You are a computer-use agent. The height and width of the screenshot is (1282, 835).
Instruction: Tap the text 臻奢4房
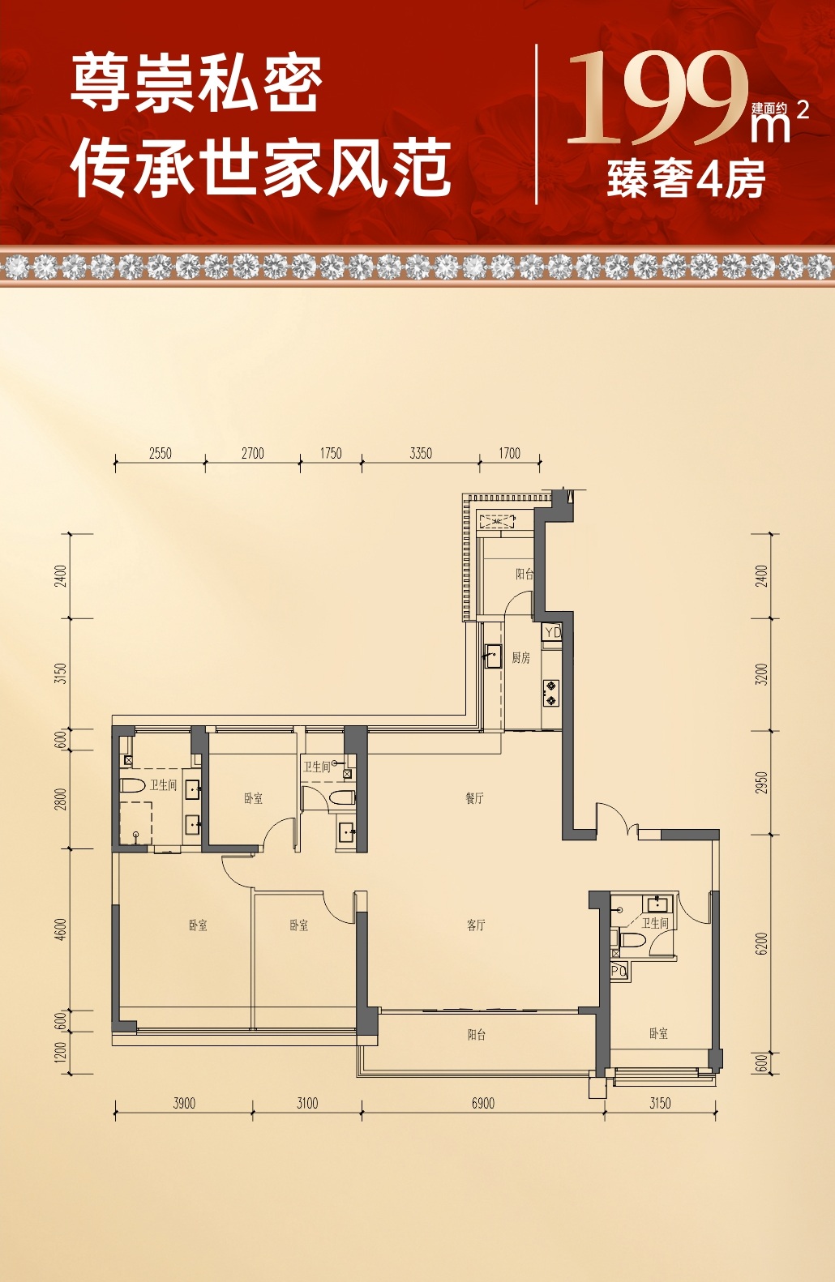click(687, 179)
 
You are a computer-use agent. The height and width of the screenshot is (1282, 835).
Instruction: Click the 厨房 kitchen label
click(520, 658)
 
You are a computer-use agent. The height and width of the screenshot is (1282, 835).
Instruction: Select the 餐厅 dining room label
click(475, 798)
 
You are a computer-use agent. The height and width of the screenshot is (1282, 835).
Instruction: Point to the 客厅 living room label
click(476, 925)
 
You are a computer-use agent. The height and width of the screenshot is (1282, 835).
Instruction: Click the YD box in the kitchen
click(552, 632)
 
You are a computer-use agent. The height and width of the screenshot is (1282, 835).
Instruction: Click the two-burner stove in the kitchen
click(550, 693)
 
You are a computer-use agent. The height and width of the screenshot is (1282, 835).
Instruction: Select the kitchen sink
click(492, 656)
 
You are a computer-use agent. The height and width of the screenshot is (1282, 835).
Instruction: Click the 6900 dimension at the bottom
click(483, 1103)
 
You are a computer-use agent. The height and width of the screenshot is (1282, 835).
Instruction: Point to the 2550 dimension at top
click(161, 453)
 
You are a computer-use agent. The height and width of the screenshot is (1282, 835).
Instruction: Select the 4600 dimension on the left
click(62, 929)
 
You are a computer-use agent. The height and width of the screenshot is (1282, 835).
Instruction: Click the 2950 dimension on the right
click(761, 783)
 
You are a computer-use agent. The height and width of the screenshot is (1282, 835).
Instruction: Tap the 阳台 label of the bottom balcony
click(477, 1035)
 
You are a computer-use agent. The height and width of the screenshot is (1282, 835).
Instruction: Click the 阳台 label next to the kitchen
click(525, 574)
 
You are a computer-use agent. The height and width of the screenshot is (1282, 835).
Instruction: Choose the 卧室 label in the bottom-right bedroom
click(658, 1033)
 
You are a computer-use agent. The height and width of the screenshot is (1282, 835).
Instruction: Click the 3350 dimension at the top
click(421, 453)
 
